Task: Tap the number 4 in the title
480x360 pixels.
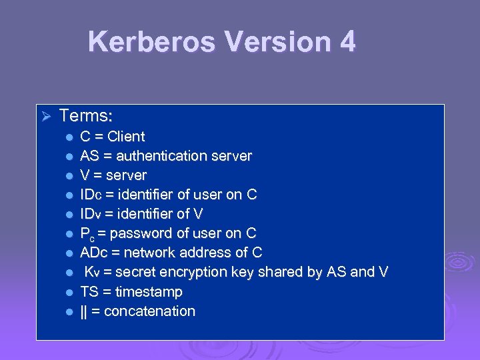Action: click(347, 41)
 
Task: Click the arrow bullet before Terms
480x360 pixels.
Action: click(46, 117)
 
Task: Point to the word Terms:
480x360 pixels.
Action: click(85, 116)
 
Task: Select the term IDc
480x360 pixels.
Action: click(90, 195)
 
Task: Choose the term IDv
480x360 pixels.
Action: click(90, 214)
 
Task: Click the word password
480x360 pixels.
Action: click(134, 233)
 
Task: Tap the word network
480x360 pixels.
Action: click(148, 253)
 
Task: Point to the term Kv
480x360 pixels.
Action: click(92, 272)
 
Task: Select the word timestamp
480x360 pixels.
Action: click(149, 292)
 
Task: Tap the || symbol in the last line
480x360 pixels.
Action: click(84, 311)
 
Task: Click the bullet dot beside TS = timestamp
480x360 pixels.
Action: click(69, 293)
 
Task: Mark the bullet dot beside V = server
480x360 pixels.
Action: click(69, 176)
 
